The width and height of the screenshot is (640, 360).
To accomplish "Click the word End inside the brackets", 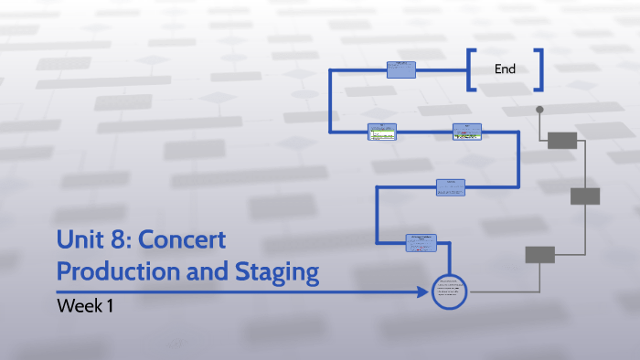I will pos(506,69).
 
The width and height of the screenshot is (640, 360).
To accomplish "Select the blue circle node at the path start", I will pos(449,291).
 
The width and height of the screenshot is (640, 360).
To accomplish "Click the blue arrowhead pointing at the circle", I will pos(423,292).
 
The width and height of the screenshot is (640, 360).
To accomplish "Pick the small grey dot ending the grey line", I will pos(539,110).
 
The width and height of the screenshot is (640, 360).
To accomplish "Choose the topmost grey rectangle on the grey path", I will pos(562,140).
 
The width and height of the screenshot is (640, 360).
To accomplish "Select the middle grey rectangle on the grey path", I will pos(585,196).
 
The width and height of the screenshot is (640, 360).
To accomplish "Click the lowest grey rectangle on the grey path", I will pos(539,255).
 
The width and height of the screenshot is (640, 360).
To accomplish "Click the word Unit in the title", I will pos(76,240).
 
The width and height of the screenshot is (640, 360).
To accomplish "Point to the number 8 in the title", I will pos(113,240).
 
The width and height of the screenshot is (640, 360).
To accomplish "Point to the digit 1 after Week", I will pos(110,306).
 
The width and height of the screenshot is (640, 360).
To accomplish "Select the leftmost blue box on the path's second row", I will pos(382,132).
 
